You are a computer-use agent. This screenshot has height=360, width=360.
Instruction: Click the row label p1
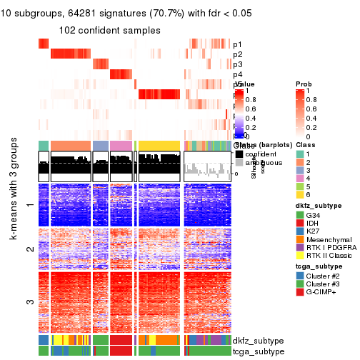coord(237,44)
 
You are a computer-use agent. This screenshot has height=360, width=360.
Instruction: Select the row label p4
coord(237,74)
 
